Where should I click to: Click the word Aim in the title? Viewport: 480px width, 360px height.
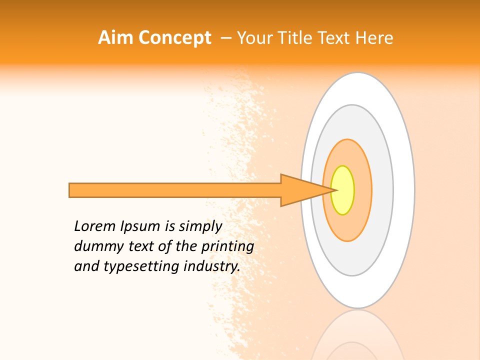click(116, 38)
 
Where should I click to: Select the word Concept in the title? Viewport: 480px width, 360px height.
click(175, 38)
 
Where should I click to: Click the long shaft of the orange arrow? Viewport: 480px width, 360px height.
click(175, 190)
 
